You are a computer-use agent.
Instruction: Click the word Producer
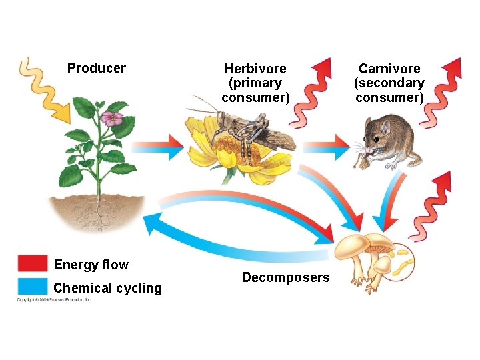[x=96, y=68]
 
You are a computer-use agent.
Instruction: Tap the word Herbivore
[x=255, y=69]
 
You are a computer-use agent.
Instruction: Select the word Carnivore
[x=389, y=69]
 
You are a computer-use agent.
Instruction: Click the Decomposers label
[x=285, y=277]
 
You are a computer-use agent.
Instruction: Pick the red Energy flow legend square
[x=33, y=264]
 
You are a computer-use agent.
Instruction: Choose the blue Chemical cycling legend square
[x=33, y=287]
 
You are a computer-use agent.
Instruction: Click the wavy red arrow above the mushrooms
[x=433, y=203]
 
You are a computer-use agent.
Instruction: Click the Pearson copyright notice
[x=55, y=300]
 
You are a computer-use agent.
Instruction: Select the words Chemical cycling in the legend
[x=107, y=288]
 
